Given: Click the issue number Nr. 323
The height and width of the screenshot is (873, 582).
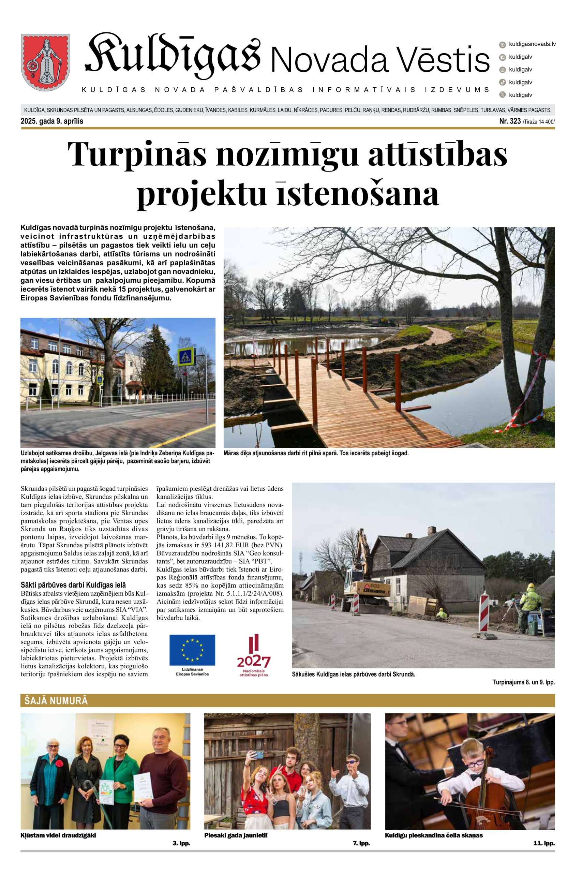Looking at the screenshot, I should (510, 121).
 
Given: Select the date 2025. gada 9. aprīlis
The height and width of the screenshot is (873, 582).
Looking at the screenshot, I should (52, 121).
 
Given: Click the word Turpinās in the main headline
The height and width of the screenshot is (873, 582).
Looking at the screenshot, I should (137, 154).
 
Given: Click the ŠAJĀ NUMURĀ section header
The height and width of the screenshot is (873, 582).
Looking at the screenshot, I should (56, 700).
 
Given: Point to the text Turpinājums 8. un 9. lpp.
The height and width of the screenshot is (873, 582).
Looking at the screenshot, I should (524, 682).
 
